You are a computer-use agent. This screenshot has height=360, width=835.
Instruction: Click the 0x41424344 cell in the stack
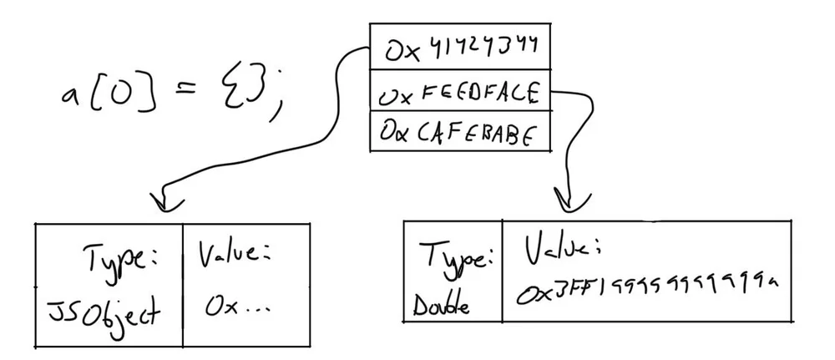coord(460,48)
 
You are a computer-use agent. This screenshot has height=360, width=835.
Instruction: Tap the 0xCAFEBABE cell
coord(460,132)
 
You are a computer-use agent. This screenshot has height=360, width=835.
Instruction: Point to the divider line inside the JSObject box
coord(182,284)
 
